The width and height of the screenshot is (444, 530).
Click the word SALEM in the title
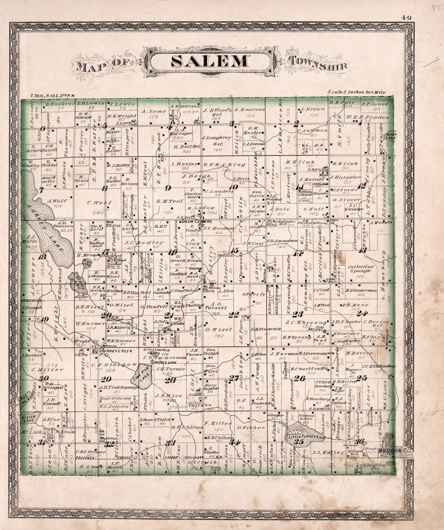click(x=209, y=61)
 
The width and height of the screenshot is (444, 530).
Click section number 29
click(x=106, y=379)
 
